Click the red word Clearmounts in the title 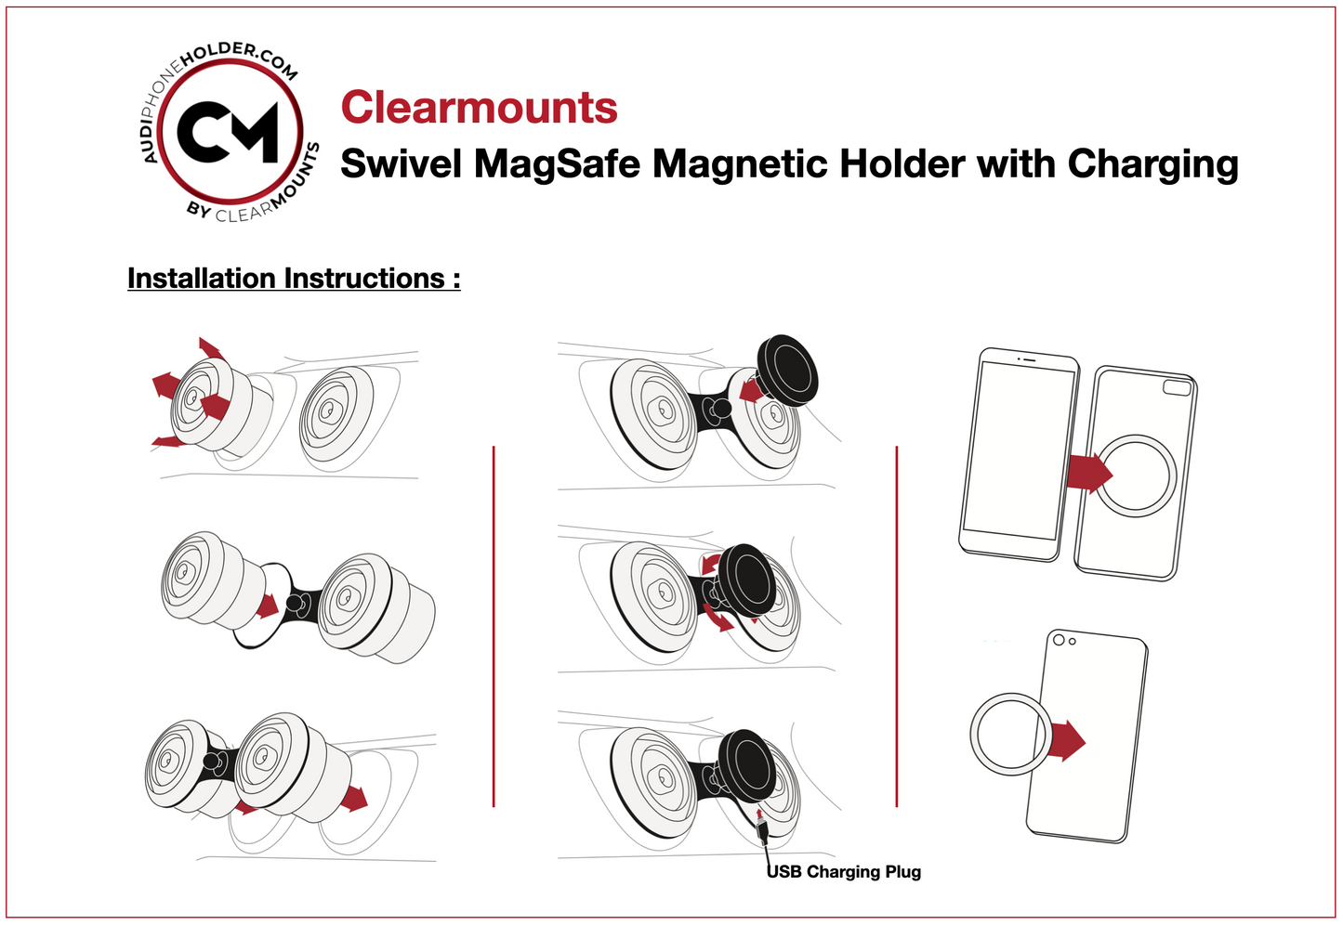click(479, 108)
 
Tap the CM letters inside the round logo click(229, 133)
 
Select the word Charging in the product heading click(1152, 164)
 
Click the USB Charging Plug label click(844, 872)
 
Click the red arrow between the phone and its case click(1087, 472)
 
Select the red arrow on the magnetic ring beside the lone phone click(1069, 740)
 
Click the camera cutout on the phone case click(1178, 387)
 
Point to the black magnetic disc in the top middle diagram click(788, 369)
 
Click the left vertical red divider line click(494, 627)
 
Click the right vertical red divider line click(897, 627)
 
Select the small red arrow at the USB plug click(760, 815)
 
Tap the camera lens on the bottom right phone click(1059, 639)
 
